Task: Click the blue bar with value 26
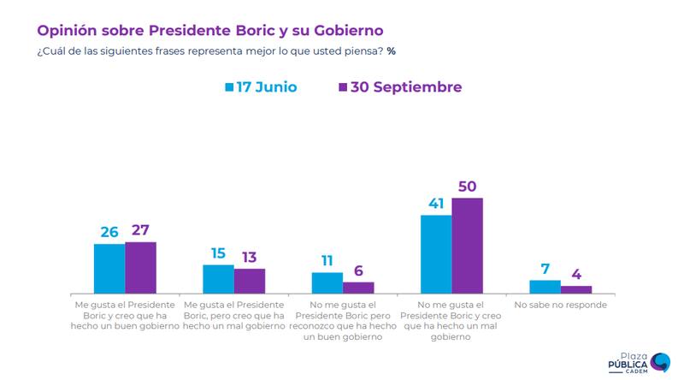coord(109,269)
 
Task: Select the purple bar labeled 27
coord(140,268)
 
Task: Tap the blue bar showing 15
coord(218,279)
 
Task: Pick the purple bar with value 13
coord(250,281)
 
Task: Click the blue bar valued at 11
coord(327,283)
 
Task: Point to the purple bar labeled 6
coord(358,288)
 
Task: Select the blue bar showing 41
coord(436,254)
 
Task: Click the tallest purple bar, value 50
coord(468,246)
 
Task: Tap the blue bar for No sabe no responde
coord(545,287)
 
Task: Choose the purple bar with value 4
coord(576,289)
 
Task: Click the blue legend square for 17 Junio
coord(229,87)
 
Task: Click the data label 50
coord(468,185)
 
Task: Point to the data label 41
coord(436,202)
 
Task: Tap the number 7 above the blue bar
coord(545,268)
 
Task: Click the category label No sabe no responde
coord(561,305)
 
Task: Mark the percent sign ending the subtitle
coord(391,50)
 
